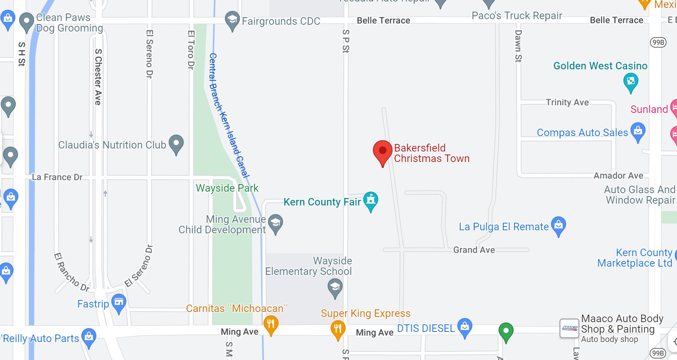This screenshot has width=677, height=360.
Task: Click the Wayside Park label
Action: pyautogui.click(x=227, y=188)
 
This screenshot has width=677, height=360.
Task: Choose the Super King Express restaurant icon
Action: pyautogui.click(x=338, y=329)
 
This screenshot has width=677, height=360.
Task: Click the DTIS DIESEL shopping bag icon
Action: pyautogui.click(x=465, y=327)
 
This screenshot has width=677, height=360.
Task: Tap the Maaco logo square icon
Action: pyautogui.click(x=569, y=328)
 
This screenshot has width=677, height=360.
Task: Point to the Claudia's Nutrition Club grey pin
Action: pyautogui.click(x=176, y=144)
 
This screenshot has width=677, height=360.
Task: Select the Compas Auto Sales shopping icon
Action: pyautogui.click(x=638, y=132)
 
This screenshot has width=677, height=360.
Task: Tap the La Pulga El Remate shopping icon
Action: pyautogui.click(x=559, y=225)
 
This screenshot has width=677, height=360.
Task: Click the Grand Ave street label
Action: pyautogui.click(x=474, y=250)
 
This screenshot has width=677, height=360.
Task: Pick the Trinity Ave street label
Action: pyautogui.click(x=567, y=102)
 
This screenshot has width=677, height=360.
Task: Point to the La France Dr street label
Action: pyautogui.click(x=57, y=177)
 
